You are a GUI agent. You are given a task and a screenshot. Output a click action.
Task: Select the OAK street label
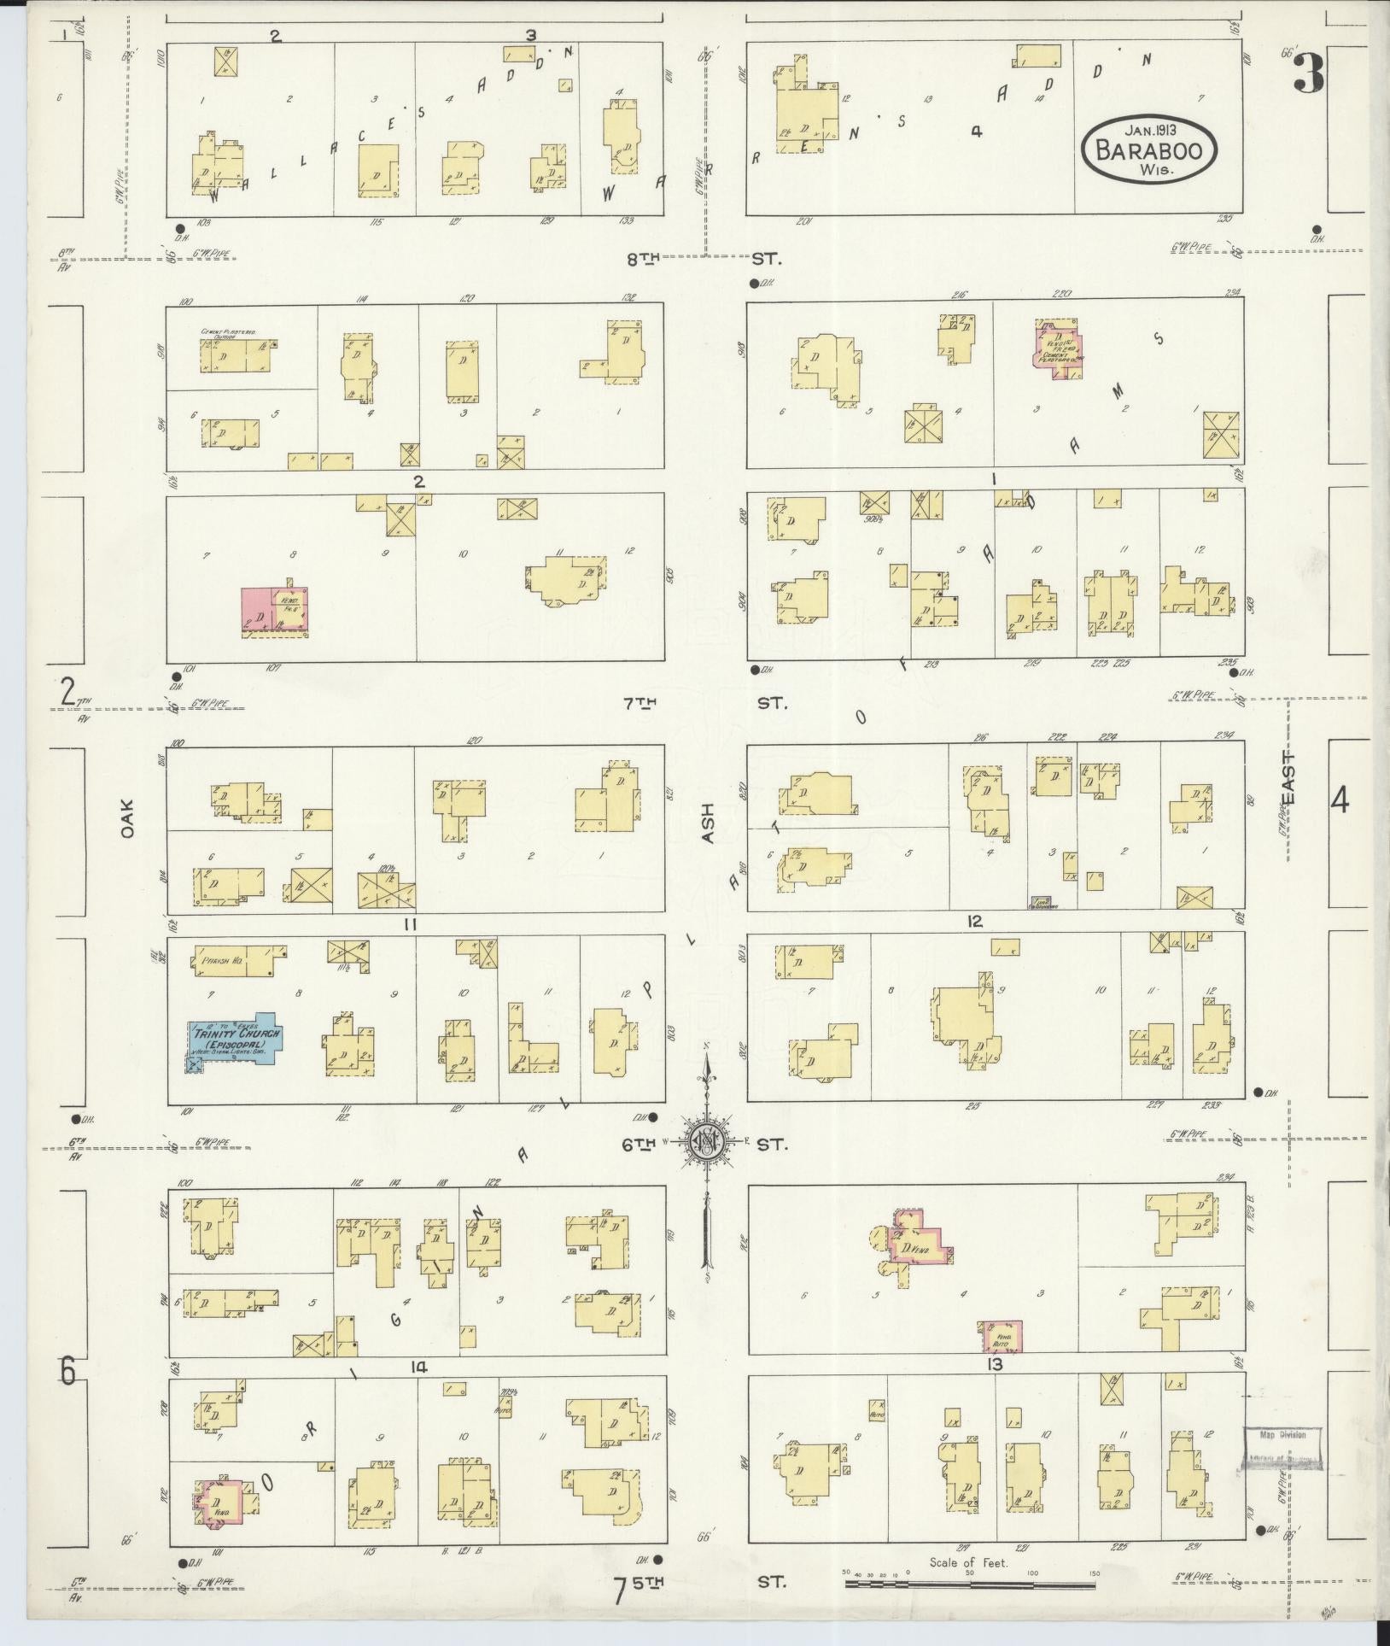(129, 817)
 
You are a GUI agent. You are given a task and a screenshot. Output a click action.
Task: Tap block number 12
(975, 922)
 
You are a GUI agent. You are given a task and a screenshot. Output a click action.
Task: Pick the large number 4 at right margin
(1340, 802)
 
